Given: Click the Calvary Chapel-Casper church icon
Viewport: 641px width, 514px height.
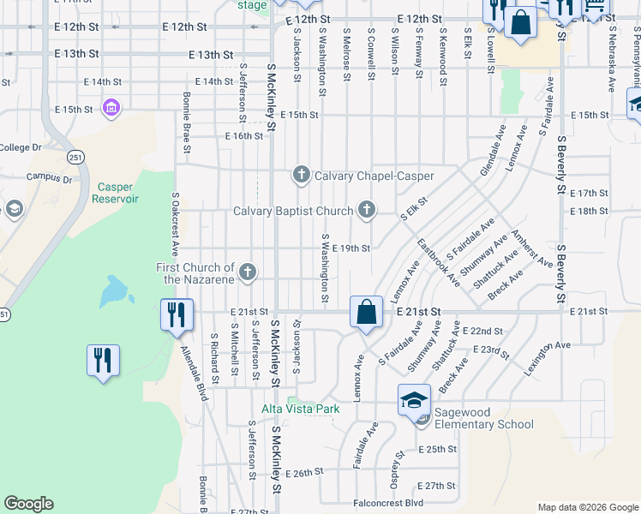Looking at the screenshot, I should [301, 176].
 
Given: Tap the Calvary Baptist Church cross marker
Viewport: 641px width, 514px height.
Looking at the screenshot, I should [367, 210].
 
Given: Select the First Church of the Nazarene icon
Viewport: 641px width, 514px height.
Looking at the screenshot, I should [247, 272].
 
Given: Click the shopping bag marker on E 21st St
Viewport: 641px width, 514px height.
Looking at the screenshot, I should [366, 313].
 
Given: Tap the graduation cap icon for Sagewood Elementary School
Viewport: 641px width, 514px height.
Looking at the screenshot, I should [413, 400].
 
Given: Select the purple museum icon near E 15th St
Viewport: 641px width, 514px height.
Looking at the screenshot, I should [111, 108].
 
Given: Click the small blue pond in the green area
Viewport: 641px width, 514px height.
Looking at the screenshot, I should [114, 293].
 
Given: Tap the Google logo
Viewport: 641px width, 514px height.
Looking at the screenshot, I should [28, 504].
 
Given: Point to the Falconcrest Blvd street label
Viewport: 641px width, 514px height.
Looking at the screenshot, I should [388, 503].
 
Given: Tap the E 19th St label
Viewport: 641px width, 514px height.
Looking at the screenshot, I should [350, 248].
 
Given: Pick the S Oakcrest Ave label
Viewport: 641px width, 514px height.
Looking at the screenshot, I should [174, 224].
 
